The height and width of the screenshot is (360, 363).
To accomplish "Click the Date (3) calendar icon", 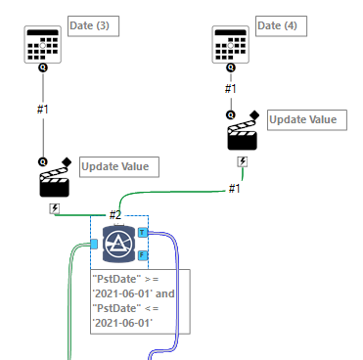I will click(42, 44).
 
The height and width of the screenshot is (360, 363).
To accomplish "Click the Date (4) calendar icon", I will click(231, 44).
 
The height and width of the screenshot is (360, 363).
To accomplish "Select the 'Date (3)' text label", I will click(93, 24).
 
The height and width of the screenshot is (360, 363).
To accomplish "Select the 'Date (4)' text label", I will click(281, 24).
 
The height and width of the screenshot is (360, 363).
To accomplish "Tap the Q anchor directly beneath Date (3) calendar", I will click(42, 68).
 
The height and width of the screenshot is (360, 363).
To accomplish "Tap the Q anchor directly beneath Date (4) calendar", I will click(231, 68).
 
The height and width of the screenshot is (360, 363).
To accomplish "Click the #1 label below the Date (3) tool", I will click(42, 108).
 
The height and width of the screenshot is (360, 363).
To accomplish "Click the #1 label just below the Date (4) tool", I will click(231, 89).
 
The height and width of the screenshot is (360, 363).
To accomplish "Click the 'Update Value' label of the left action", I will click(118, 167).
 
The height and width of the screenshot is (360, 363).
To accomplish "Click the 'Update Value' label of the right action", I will click(307, 119).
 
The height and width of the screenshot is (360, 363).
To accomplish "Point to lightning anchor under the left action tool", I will click(54, 207).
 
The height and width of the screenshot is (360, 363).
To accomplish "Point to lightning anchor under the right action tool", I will click(242, 161).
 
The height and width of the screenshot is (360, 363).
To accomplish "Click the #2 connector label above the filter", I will click(114, 215).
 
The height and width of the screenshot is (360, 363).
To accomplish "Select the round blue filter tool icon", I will click(117, 243).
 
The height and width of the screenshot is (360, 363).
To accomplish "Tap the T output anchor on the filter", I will click(143, 233).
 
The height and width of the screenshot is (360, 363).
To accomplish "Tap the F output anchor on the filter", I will click(143, 255).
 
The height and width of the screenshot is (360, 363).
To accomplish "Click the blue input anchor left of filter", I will click(95, 244).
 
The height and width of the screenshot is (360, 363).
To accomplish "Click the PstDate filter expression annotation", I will click(140, 302).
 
